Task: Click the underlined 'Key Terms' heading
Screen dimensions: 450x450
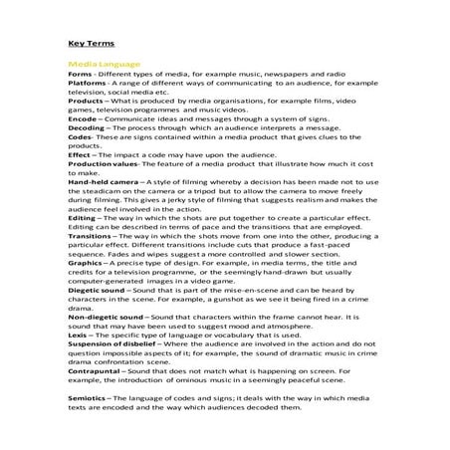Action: pos(92,44)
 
